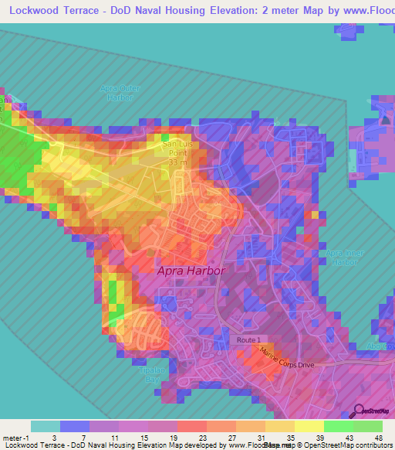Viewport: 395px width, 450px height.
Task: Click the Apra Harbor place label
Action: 191,271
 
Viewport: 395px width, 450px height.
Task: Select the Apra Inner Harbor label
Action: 343,257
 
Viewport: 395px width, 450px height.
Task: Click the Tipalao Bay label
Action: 151,375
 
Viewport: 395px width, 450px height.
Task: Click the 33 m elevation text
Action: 177,163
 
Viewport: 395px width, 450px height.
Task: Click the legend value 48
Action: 378,438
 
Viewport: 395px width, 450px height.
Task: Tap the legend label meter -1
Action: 15,438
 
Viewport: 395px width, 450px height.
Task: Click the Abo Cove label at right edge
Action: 381,346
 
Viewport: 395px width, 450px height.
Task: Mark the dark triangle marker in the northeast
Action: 385,119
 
